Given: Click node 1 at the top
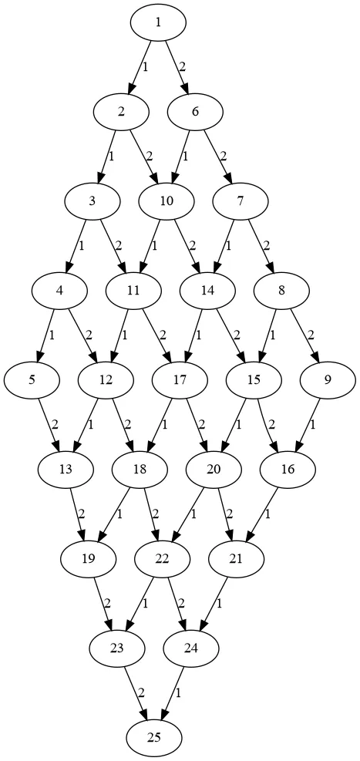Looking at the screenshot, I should pyautogui.click(x=158, y=22).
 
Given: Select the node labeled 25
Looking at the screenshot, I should pyautogui.click(x=154, y=738).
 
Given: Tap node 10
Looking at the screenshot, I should pyautogui.click(x=166, y=201).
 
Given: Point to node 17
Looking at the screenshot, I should pyautogui.click(x=180, y=380).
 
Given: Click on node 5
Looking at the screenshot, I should pyautogui.click(x=32, y=380).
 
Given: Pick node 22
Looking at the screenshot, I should pyautogui.click(x=162, y=559).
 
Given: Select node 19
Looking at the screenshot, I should pyautogui.click(x=88, y=559).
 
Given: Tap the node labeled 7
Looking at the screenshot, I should pyautogui.click(x=240, y=201).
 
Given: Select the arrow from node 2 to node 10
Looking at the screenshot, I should pyautogui.click(x=143, y=157).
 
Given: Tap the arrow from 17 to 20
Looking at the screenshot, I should pyautogui.click(x=196, y=425).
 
